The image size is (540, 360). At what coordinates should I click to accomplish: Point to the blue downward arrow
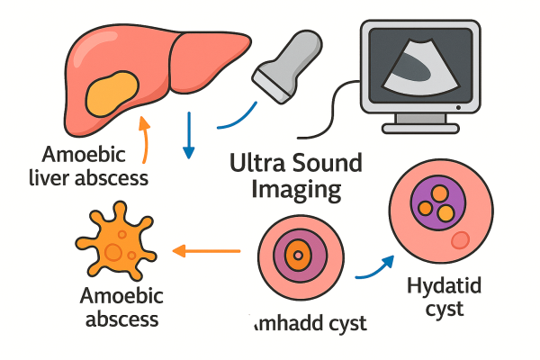click(x=187, y=135)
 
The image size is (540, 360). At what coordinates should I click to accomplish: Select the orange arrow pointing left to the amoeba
click(x=206, y=249)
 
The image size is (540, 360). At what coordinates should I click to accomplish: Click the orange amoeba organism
click(x=114, y=245)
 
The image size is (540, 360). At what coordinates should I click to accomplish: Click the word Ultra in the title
click(x=257, y=164)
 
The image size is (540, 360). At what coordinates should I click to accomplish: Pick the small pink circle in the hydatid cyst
click(x=460, y=239)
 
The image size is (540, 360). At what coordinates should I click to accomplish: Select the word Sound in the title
click(x=326, y=164)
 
